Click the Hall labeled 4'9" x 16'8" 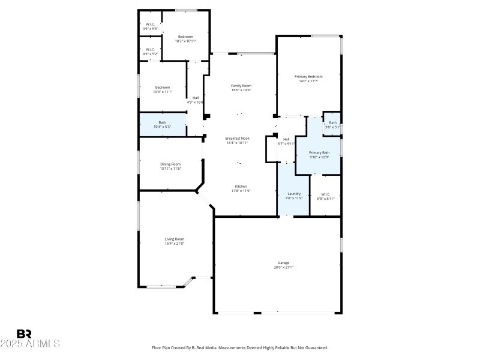click(196, 100)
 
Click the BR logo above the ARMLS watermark click(24, 334)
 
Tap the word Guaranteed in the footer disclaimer click(314, 347)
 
